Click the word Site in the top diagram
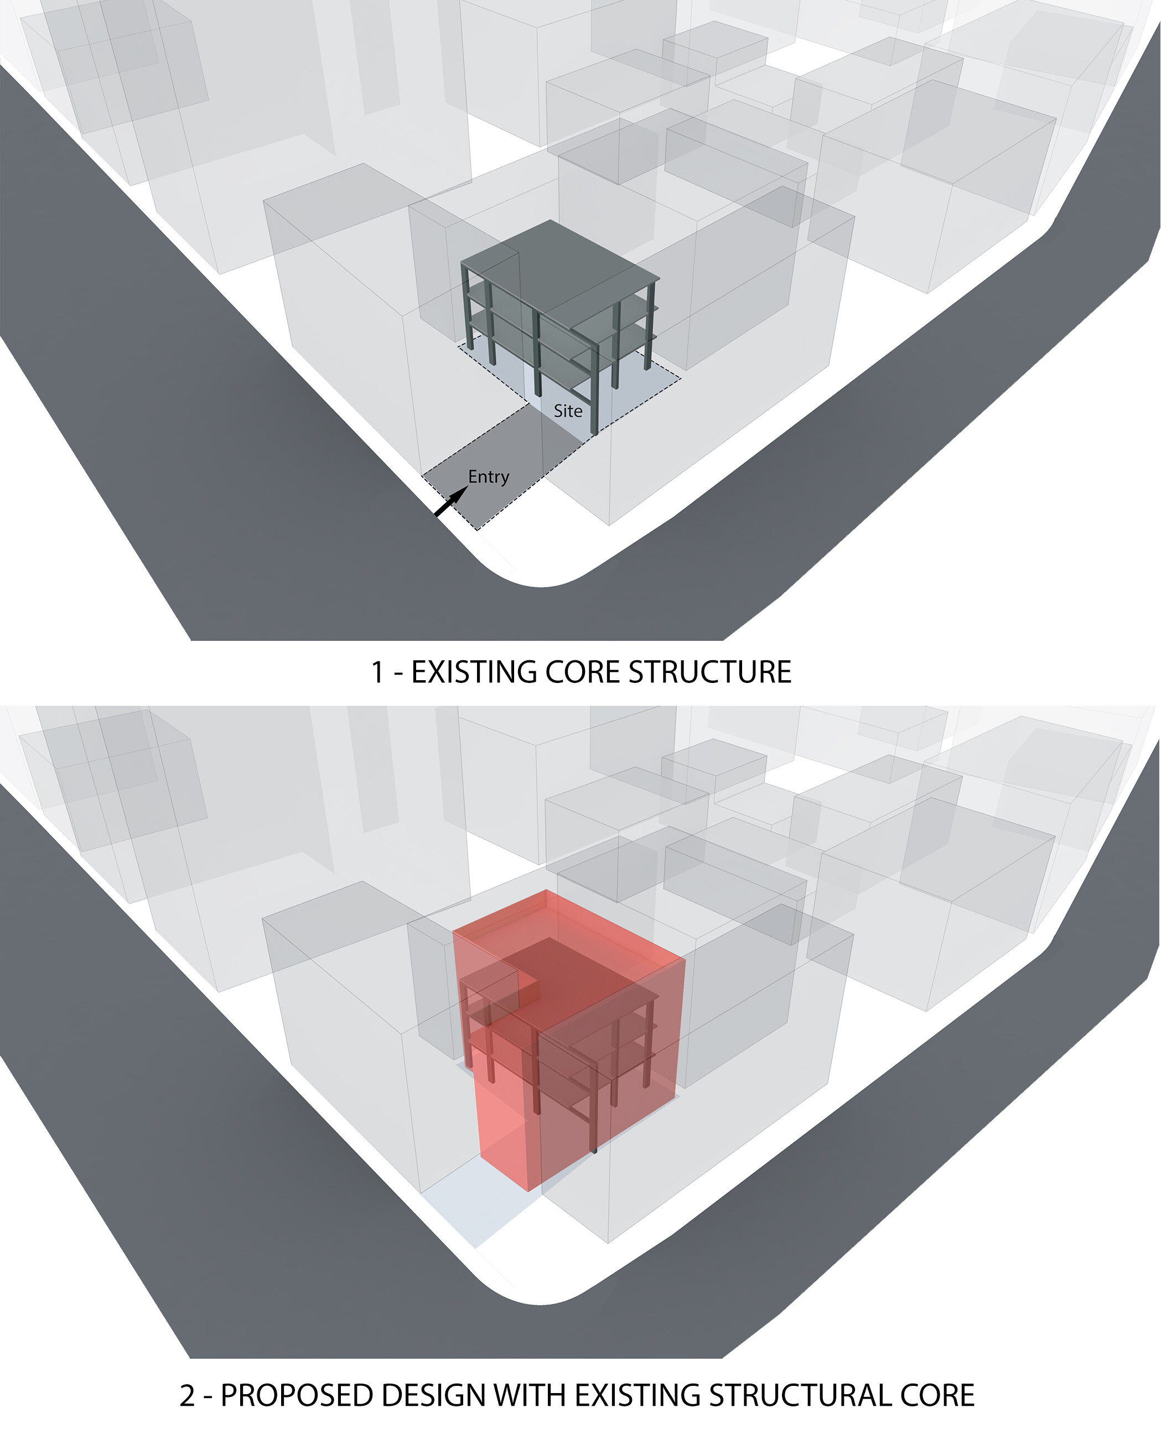pos(568,411)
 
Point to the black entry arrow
pos(451,501)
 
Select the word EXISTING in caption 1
pos(474,672)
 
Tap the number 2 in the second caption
pos(186,1395)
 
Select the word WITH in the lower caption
pos(530,1395)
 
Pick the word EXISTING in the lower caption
pos(637,1395)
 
